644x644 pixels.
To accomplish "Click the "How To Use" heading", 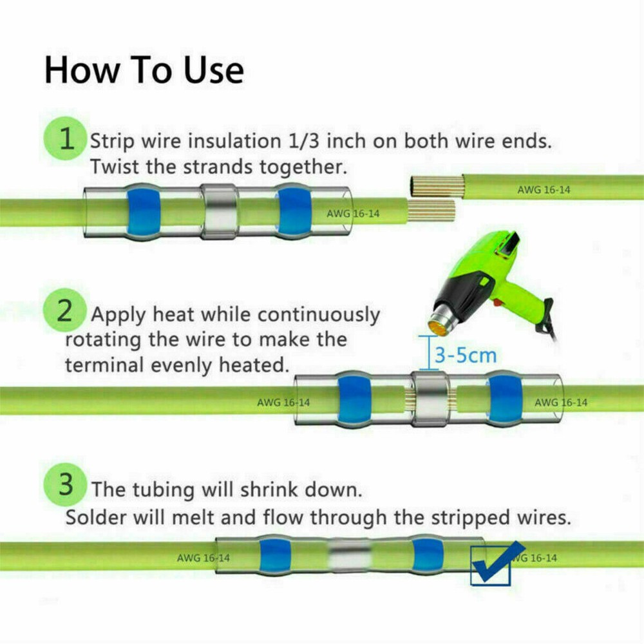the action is (144, 70).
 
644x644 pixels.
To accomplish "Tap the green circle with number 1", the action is (65, 138).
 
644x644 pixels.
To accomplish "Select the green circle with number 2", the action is (64, 310).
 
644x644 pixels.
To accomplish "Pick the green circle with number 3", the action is (65, 485).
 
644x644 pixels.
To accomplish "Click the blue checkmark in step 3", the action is (497, 562).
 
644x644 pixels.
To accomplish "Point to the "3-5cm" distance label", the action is (466, 355).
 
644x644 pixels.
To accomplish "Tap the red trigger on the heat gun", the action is (498, 303).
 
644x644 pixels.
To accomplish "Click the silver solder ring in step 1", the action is (220, 211).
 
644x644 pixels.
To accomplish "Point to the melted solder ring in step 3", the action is (350, 554).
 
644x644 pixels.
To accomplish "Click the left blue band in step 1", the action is (144, 211).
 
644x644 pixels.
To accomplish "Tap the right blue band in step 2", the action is (505, 399).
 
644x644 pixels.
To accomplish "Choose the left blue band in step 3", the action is (275, 555).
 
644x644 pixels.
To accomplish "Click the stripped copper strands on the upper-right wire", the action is (436, 185).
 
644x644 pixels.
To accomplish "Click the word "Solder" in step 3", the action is (96, 516).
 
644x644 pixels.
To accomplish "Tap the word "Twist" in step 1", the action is (114, 167).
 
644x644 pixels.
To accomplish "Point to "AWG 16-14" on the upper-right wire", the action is (544, 190).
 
